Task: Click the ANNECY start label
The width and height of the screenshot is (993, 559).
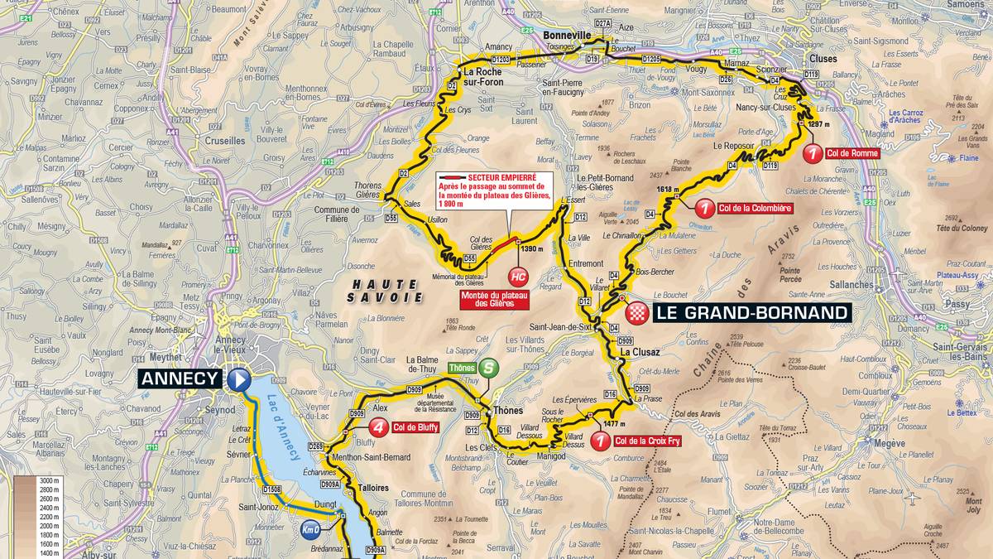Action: (x=180, y=379)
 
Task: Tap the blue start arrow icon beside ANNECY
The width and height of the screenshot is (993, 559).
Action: (x=239, y=379)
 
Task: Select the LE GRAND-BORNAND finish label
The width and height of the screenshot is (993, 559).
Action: (x=751, y=312)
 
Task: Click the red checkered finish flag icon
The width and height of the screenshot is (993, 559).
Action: (x=637, y=312)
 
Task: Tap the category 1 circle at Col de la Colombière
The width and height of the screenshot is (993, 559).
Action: (x=704, y=208)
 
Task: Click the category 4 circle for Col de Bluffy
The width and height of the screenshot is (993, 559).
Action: (x=377, y=428)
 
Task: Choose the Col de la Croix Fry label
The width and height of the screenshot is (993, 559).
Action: (x=648, y=442)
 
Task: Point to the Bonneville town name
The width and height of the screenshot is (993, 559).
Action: (x=569, y=36)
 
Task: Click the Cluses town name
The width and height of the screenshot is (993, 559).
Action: (x=823, y=60)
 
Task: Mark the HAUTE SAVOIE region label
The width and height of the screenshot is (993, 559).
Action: (x=384, y=290)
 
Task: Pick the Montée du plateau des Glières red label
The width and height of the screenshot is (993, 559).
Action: (x=495, y=299)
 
